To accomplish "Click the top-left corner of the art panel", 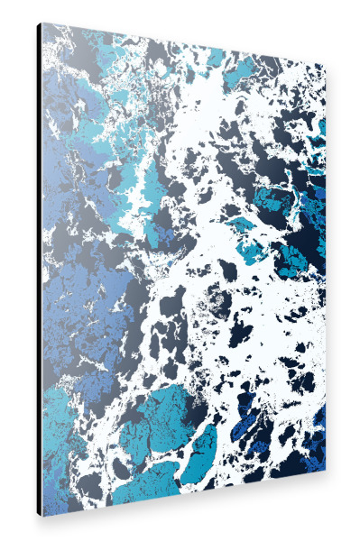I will click(x=42, y=23).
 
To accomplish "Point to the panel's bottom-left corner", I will click(x=42, y=516).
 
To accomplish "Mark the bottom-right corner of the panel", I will click(x=326, y=472).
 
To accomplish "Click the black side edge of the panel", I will click(x=40, y=270).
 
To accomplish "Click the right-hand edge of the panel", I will click(x=325, y=270).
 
